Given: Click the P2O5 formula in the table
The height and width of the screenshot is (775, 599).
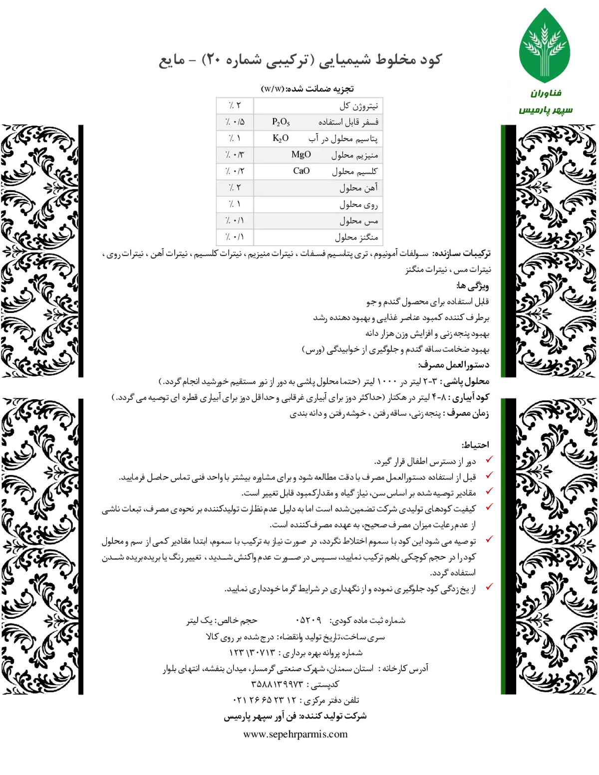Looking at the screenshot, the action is [281, 122].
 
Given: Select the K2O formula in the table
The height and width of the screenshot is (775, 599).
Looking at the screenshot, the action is [281, 138].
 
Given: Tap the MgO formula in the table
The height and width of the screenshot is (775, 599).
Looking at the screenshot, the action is [301, 154].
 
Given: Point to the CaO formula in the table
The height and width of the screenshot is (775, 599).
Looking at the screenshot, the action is [301, 171].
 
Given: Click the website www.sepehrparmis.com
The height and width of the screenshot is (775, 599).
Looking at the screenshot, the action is [296, 734].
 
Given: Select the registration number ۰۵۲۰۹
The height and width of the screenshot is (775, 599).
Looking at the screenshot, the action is [308, 621].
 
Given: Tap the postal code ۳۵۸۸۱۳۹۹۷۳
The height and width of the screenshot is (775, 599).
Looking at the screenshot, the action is [277, 684].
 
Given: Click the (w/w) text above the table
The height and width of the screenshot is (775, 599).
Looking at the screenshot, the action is [273, 89].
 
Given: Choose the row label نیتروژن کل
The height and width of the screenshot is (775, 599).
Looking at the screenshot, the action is [358, 106].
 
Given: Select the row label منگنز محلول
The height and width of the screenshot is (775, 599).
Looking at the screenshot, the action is [356, 237].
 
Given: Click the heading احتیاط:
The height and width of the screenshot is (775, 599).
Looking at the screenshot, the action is [476, 445].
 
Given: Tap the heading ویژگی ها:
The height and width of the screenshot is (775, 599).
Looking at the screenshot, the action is [473, 285].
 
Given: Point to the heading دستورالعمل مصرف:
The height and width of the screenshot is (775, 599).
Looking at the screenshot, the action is [454, 365].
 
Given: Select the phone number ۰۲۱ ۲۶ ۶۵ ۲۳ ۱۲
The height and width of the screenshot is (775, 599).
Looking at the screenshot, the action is [265, 700].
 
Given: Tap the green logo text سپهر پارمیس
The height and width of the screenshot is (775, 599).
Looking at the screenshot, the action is [546, 110].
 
